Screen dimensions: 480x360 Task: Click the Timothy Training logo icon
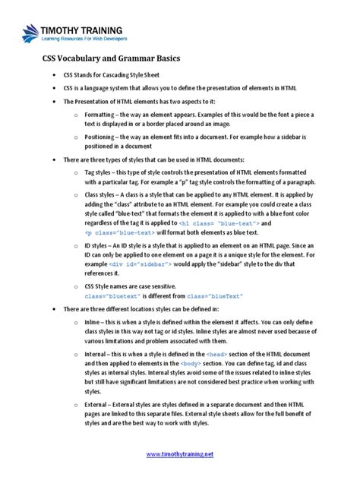30,33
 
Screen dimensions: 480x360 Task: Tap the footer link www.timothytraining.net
179,453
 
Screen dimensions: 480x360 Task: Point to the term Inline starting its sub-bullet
96,321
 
